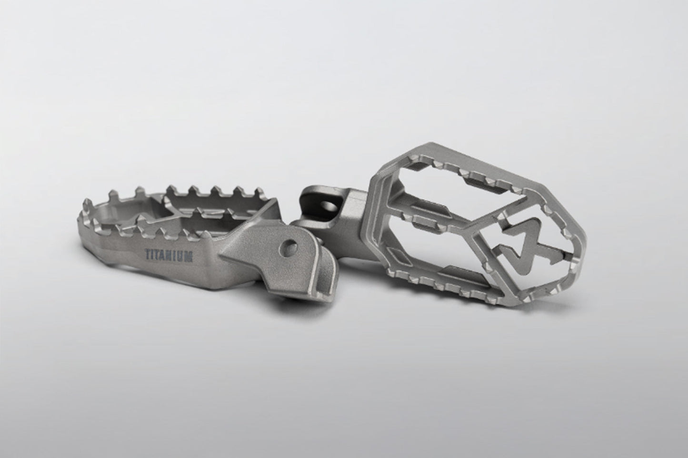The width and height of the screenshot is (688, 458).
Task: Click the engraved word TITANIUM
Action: click(169, 255)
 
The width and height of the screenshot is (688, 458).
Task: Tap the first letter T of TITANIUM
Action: click(147, 253)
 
